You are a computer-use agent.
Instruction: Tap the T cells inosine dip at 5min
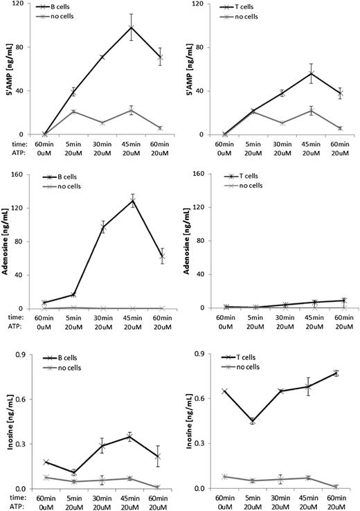252,421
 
